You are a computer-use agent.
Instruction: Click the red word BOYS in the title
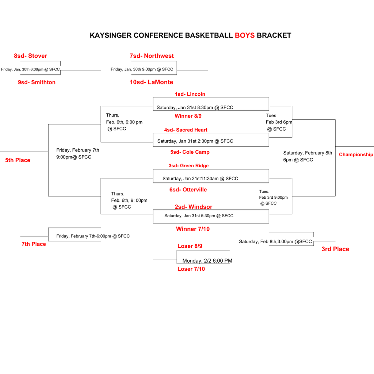244,35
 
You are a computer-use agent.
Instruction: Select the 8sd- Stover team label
31,56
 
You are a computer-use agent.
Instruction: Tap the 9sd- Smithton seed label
37,82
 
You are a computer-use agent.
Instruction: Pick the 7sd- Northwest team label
152,56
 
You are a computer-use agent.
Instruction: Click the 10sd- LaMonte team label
151,82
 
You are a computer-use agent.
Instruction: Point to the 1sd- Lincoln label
190,94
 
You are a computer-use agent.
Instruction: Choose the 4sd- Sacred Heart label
186,130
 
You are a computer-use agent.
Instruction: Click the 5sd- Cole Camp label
190,152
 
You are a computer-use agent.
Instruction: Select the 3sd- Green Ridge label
188,166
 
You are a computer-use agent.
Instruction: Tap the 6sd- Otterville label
188,190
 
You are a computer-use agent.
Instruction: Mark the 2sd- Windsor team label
193,207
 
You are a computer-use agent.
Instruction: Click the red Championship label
356,154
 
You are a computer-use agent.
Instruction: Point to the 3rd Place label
335,249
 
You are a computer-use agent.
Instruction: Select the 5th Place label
18,160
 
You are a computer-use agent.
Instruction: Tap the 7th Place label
34,244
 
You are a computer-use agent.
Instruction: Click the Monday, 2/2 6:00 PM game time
207,261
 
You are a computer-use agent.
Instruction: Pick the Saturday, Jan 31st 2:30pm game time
195,141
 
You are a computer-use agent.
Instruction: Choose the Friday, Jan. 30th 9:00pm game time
142,69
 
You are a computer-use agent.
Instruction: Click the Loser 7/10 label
191,269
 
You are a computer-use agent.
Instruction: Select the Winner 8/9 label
188,116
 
